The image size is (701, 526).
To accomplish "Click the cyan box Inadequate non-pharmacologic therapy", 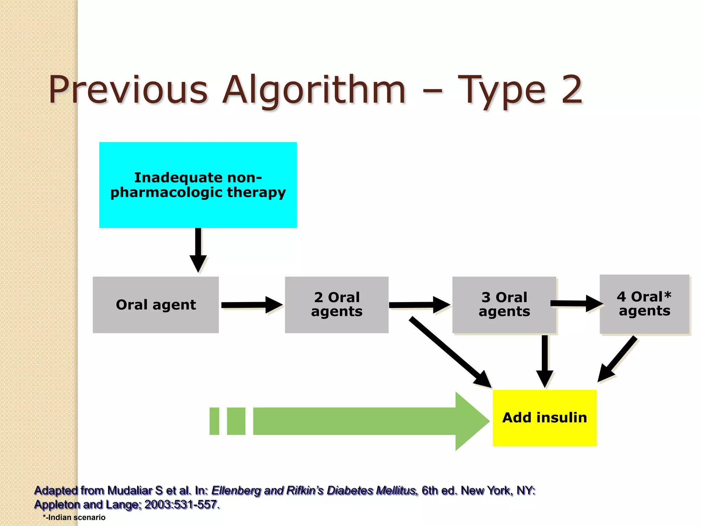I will [x=198, y=185].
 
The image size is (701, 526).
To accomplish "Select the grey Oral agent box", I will [x=156, y=305].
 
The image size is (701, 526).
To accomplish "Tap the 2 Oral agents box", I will [x=336, y=305].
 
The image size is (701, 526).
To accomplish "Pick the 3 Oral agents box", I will [x=504, y=305].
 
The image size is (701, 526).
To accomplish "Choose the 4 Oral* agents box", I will [x=644, y=304].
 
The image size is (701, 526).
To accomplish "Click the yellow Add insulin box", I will [x=545, y=418].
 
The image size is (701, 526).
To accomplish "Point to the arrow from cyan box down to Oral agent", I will [x=198, y=250].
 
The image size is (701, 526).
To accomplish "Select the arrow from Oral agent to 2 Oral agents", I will [x=252, y=305].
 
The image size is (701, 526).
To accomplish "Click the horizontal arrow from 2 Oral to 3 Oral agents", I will [x=419, y=305].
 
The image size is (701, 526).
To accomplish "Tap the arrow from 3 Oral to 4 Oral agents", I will [x=577, y=303].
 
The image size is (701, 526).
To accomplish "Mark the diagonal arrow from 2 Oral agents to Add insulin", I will [x=450, y=353].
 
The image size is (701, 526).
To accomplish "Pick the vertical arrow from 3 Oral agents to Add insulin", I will [x=545, y=361].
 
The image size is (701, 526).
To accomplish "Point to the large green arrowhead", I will [x=471, y=421].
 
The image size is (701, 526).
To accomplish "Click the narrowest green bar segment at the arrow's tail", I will [x=214, y=421].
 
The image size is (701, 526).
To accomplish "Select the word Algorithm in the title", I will [x=314, y=90].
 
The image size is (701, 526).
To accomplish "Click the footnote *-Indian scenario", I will [x=74, y=517].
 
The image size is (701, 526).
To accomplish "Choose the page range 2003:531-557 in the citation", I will [x=181, y=504].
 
